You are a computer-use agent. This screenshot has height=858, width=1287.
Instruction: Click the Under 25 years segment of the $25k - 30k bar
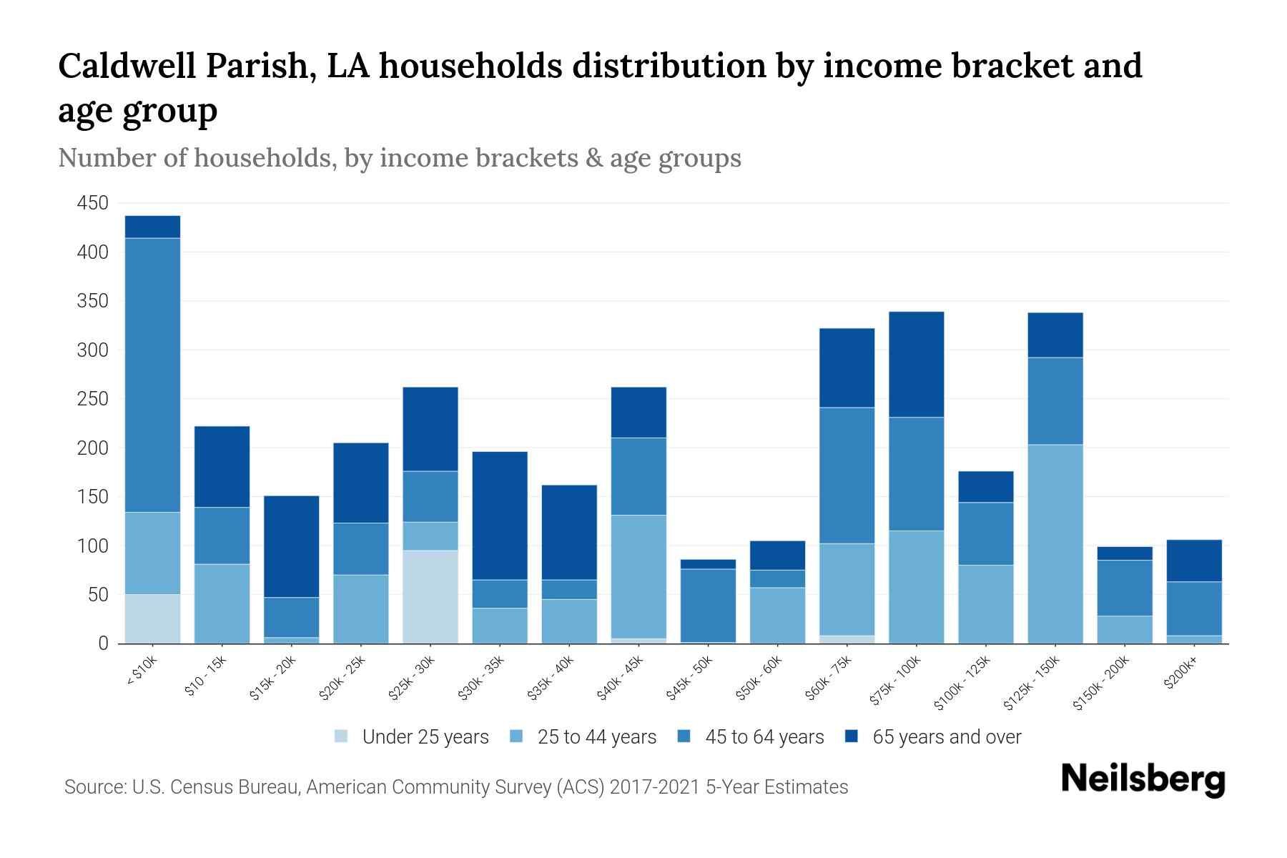tap(430, 596)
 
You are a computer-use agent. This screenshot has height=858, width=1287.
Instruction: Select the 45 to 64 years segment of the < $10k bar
tap(152, 375)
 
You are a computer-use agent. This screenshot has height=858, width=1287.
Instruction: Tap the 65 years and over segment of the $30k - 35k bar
tap(499, 515)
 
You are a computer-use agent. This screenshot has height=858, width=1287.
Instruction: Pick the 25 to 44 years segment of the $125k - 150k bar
tap(1055, 543)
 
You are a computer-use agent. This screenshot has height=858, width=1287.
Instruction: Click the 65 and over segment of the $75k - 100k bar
tap(916, 364)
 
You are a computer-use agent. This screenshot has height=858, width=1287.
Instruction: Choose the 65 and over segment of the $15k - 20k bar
tap(291, 546)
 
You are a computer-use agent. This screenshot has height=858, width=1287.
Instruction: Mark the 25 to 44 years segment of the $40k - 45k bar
tap(638, 576)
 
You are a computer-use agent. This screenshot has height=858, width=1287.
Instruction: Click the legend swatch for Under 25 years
tap(342, 736)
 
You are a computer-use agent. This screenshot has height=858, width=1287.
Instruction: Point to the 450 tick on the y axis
tap(92, 203)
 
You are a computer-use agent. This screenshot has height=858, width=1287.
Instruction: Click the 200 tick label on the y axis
tap(92, 448)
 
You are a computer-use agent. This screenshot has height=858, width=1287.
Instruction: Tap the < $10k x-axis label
tap(142, 671)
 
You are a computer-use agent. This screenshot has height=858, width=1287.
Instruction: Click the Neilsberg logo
tap(1143, 779)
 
